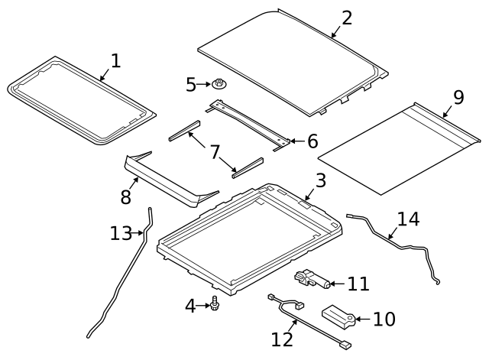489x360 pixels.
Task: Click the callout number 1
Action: coord(115,60)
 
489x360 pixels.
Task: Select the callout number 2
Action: coord(347,18)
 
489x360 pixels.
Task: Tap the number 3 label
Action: coord(320,181)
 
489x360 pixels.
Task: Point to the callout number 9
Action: coord(458,97)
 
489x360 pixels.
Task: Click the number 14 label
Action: coord(408,219)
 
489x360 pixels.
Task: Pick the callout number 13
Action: coord(121,233)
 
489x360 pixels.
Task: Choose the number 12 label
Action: coord(282,338)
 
